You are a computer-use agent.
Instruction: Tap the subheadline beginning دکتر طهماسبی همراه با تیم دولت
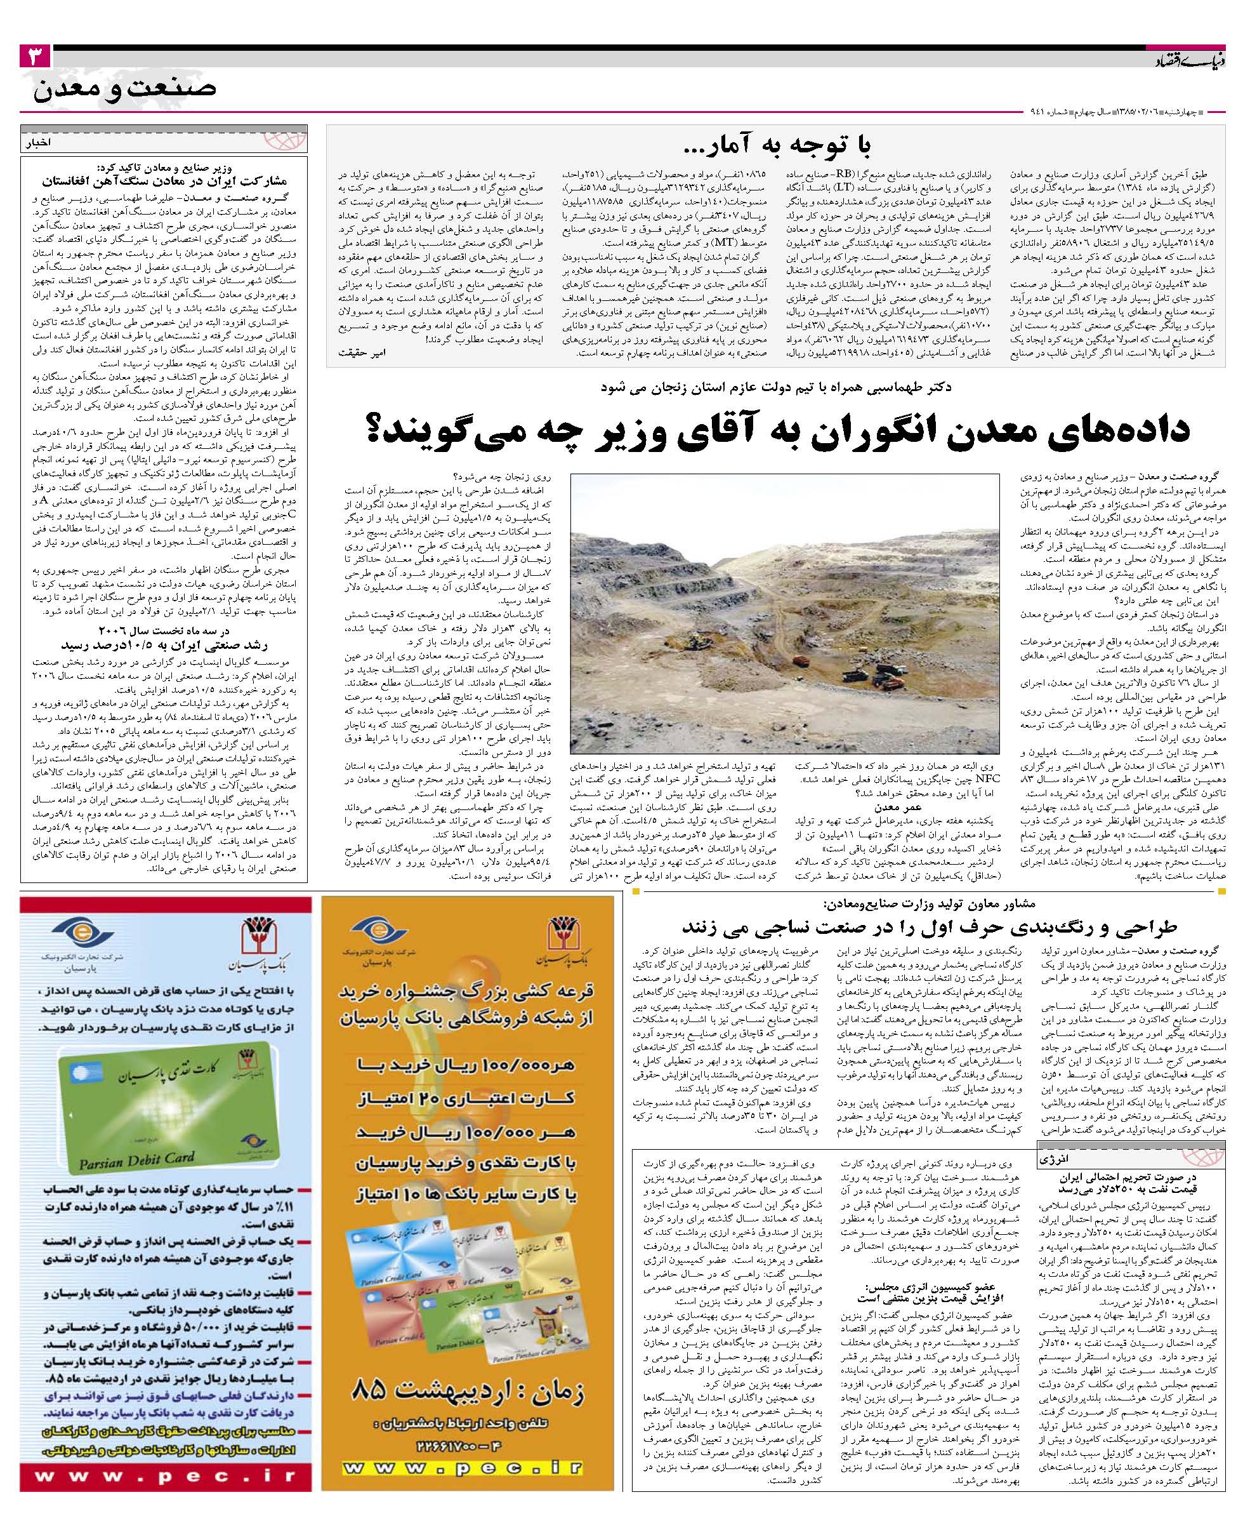[x=776, y=387]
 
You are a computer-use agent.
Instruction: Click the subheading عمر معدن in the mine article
[x=871, y=807]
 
